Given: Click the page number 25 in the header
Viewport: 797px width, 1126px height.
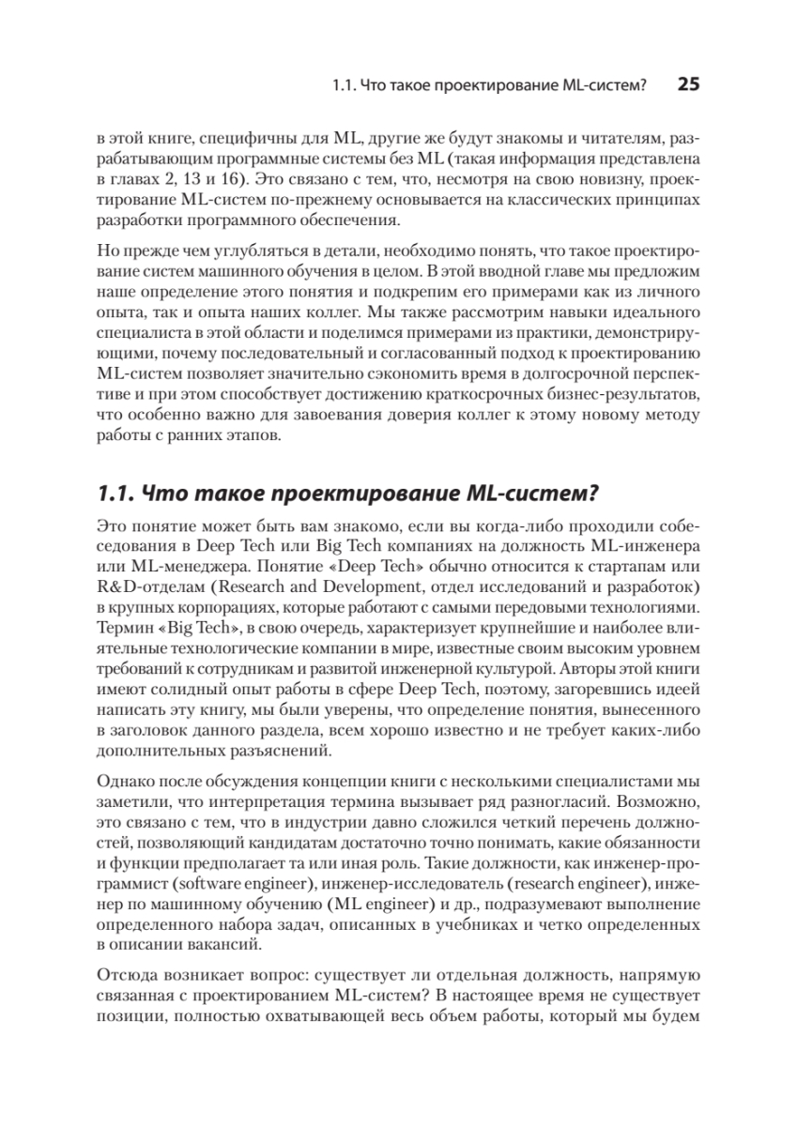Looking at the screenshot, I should (688, 84).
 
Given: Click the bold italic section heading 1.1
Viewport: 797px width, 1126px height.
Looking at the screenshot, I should (348, 492).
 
